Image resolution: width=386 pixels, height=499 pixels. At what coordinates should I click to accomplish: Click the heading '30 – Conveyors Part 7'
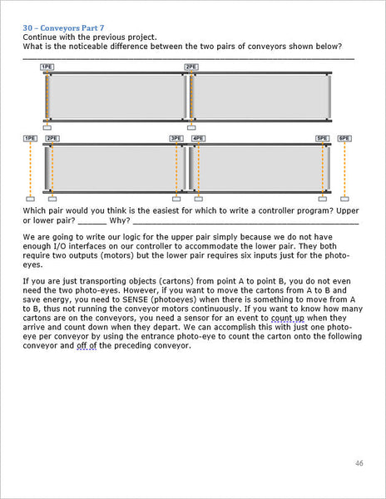pyautogui.click(x=63, y=28)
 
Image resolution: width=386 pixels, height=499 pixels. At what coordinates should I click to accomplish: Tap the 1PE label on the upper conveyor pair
pyautogui.click(x=47, y=67)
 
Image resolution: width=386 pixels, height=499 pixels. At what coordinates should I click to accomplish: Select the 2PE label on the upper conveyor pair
pyautogui.click(x=191, y=67)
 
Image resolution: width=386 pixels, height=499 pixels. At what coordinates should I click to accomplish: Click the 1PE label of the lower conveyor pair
pyautogui.click(x=31, y=138)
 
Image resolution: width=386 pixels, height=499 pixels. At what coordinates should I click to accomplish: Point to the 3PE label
pyautogui.click(x=176, y=138)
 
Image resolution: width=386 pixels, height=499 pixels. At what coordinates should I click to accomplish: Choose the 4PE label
pyautogui.click(x=199, y=138)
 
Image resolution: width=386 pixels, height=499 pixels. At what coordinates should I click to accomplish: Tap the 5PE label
pyautogui.click(x=322, y=138)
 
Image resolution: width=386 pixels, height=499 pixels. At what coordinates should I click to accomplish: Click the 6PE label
pyautogui.click(x=344, y=138)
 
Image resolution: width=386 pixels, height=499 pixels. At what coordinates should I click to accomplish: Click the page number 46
pyautogui.click(x=359, y=463)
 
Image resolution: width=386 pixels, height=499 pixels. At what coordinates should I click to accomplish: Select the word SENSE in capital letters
pyautogui.click(x=136, y=299)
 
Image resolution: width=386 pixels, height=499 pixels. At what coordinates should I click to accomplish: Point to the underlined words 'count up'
pyautogui.click(x=288, y=318)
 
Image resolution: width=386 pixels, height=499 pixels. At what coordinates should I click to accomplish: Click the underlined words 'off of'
pyautogui.click(x=87, y=346)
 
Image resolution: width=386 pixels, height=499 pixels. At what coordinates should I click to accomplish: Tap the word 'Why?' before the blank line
pyautogui.click(x=120, y=220)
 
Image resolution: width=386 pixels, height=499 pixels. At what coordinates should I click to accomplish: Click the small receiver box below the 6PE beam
pyautogui.click(x=344, y=199)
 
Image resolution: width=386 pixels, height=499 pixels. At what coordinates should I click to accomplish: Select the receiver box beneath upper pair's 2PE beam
pyautogui.click(x=191, y=127)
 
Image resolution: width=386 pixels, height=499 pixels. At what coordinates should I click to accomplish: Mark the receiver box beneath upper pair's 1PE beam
pyautogui.click(x=47, y=127)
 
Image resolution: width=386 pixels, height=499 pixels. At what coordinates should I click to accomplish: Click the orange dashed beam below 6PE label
pyautogui.click(x=344, y=170)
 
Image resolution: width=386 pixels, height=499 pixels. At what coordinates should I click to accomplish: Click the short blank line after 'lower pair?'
pyautogui.click(x=92, y=224)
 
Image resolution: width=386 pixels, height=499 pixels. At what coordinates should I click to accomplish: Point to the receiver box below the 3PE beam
pyautogui.click(x=176, y=199)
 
